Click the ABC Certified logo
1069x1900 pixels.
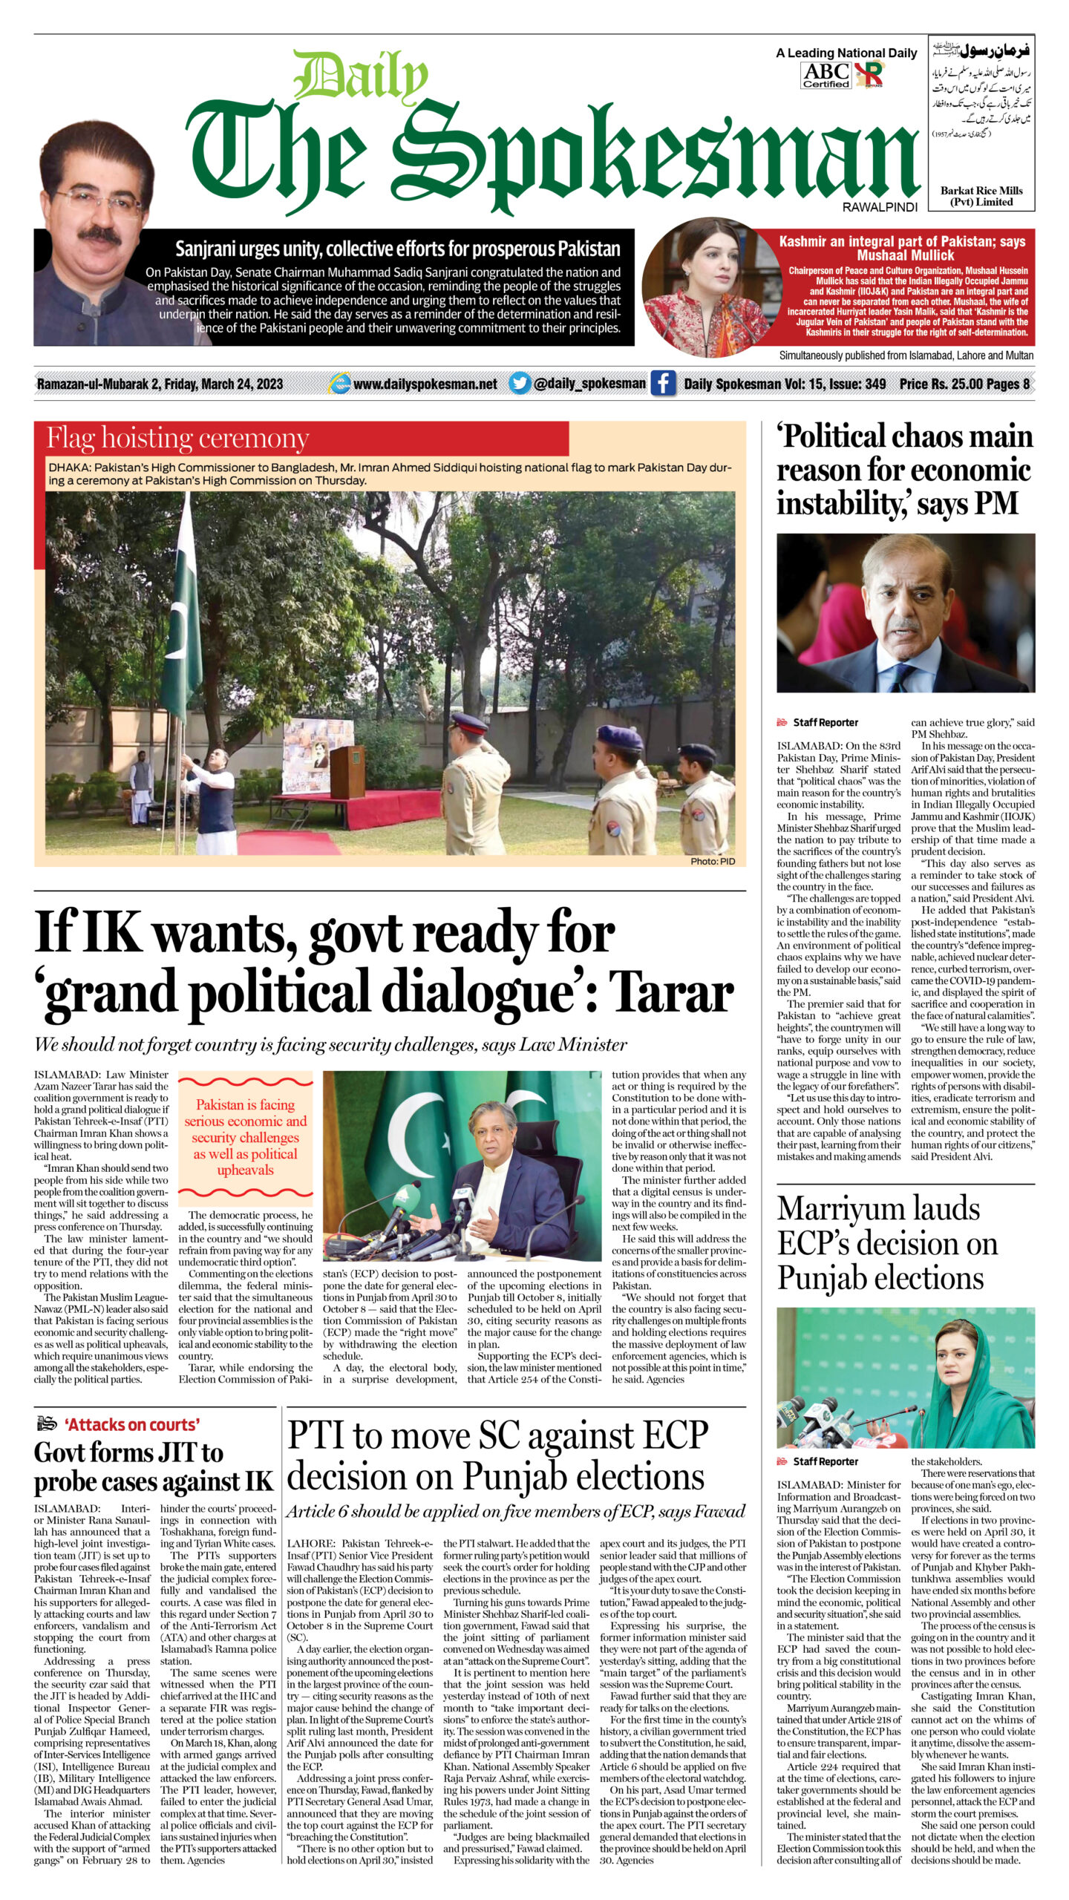pyautogui.click(x=826, y=75)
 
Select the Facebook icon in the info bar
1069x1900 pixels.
pyautogui.click(x=663, y=384)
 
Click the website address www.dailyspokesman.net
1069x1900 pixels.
pyautogui.click(x=425, y=384)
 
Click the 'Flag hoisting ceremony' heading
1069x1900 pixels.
pyautogui.click(x=178, y=439)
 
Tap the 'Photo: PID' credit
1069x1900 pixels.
pyautogui.click(x=712, y=861)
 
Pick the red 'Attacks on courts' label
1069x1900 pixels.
pyautogui.click(x=132, y=1424)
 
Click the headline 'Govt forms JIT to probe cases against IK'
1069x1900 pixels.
pyautogui.click(x=153, y=1467)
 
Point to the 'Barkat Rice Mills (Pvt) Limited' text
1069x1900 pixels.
pyautogui.click(x=981, y=196)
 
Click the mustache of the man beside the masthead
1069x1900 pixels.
pyautogui.click(x=99, y=236)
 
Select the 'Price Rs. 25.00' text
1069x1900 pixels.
pyautogui.click(x=939, y=384)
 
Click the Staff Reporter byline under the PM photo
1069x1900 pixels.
pyautogui.click(x=825, y=722)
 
